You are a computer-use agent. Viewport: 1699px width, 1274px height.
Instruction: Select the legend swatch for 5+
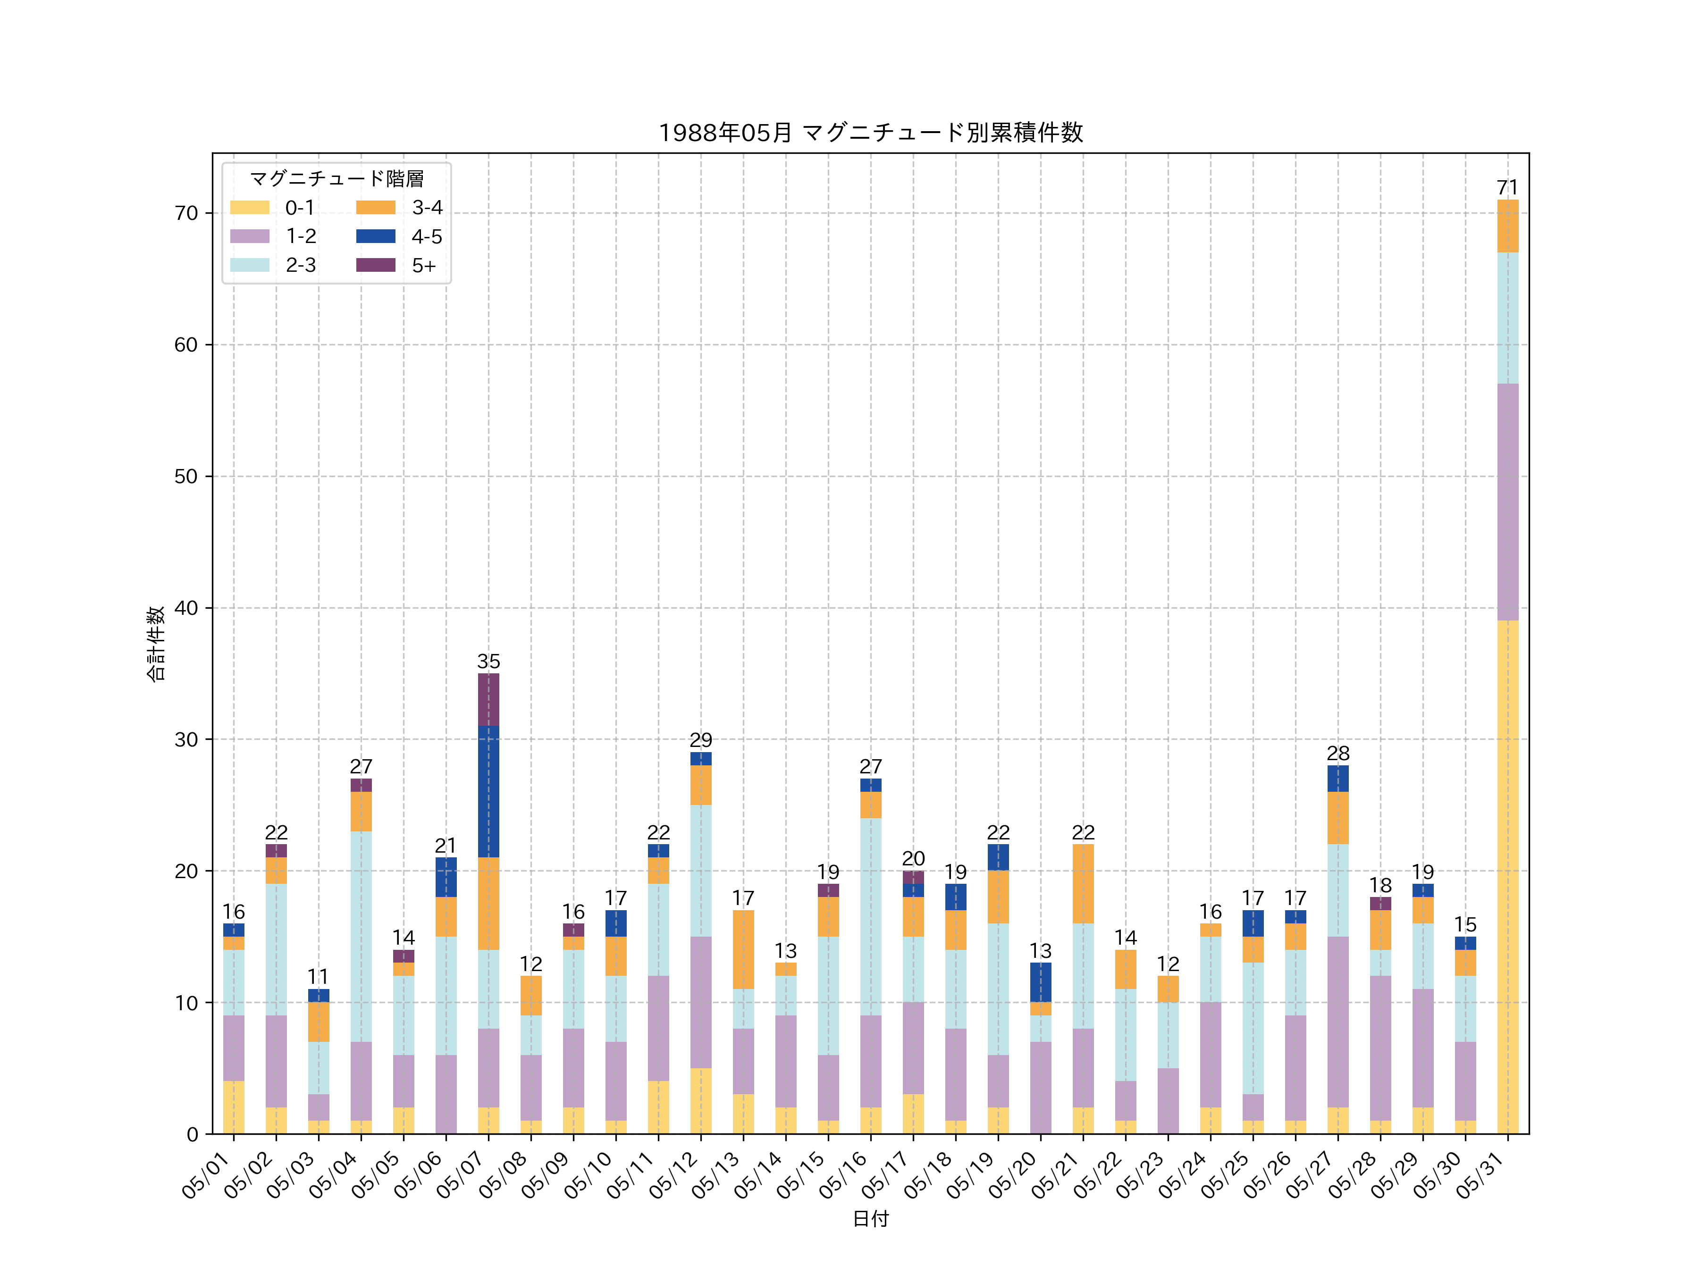coord(376,265)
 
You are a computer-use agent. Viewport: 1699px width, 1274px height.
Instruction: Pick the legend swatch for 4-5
coord(376,236)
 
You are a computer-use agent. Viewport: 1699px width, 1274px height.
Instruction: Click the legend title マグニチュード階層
coord(336,179)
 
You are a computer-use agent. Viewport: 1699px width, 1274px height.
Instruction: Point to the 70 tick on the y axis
coord(186,213)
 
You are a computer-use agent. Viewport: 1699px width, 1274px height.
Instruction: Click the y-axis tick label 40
coord(186,608)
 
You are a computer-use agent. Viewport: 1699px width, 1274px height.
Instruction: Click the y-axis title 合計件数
coord(156,644)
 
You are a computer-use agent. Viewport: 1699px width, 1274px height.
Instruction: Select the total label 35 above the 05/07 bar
coord(488,661)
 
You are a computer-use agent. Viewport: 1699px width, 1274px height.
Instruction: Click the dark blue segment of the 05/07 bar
coord(488,792)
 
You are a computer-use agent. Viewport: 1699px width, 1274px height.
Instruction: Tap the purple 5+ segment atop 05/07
coord(488,700)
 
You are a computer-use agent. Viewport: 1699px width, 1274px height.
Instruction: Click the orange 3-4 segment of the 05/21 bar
coord(1083,884)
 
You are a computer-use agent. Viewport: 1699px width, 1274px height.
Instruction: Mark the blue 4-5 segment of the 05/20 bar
coord(1040,982)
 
